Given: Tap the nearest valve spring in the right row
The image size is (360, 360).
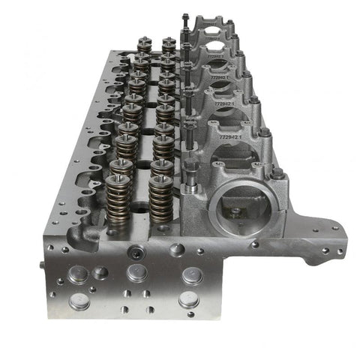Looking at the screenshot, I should pos(160,199).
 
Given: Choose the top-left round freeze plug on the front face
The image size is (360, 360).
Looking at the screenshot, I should pos(78,274).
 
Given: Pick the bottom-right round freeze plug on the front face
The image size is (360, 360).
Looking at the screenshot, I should pos(189,300).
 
